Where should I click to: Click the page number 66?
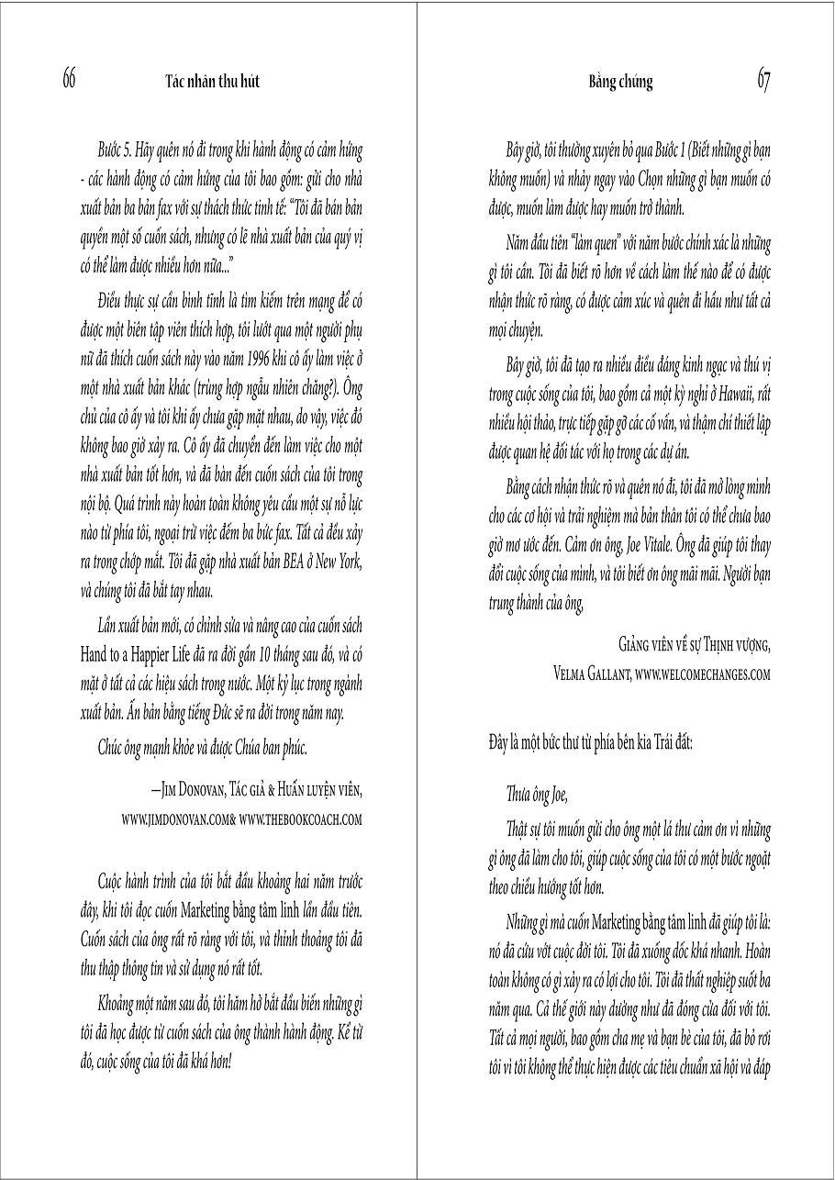point(69,80)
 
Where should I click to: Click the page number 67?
point(763,80)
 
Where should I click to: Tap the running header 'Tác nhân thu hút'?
point(212,81)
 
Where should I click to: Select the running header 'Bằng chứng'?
point(620,81)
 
